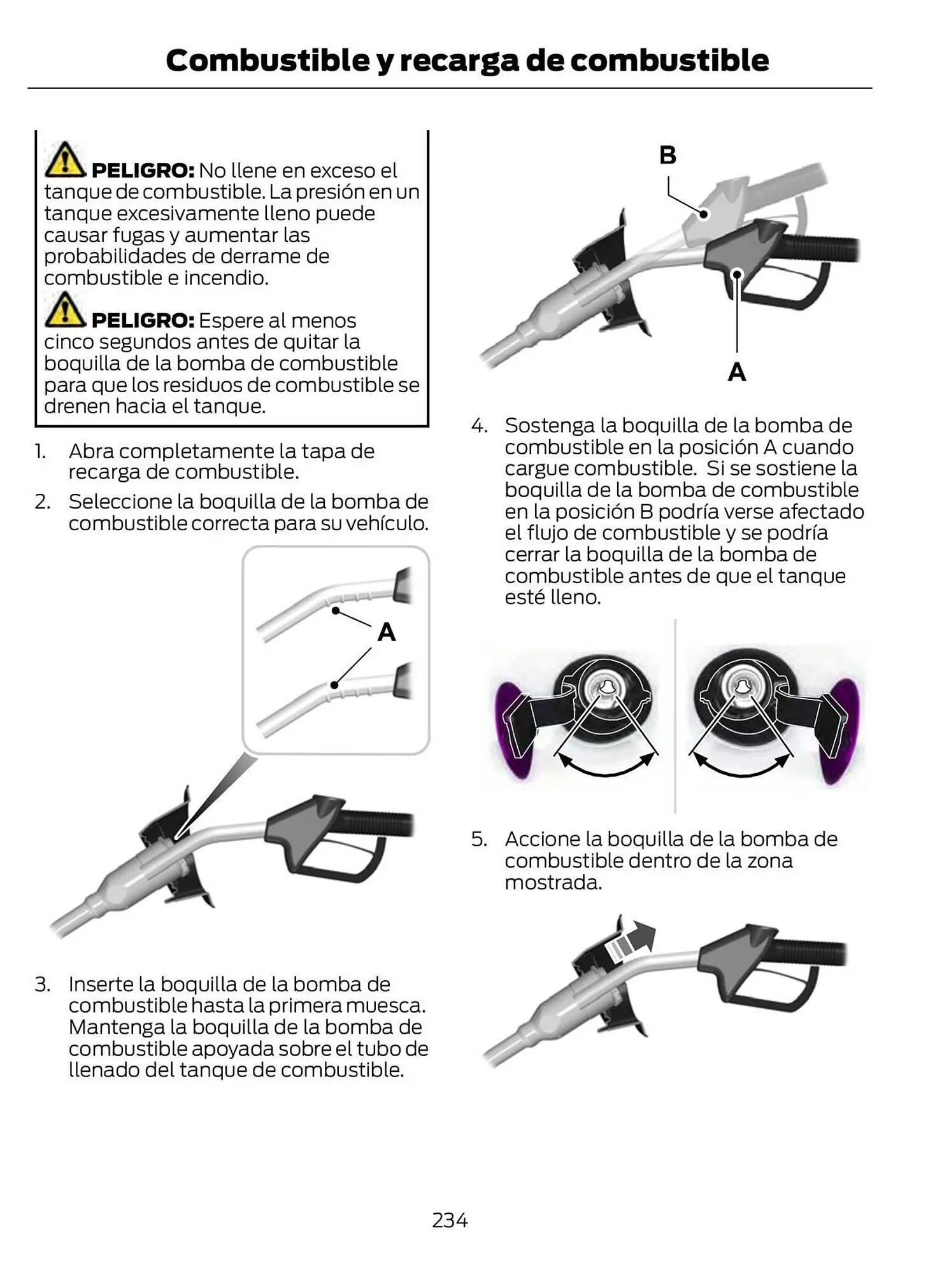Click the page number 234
(x=450, y=1220)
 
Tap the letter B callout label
(x=667, y=155)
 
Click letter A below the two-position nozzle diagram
(x=736, y=372)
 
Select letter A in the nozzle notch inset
(x=386, y=632)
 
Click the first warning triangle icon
(x=64, y=160)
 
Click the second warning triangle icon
(x=64, y=309)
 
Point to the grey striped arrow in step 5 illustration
(x=631, y=941)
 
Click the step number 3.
(x=42, y=984)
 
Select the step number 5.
(x=478, y=839)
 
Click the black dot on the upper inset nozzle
(x=335, y=610)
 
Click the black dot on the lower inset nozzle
(x=334, y=685)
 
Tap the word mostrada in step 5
(x=553, y=882)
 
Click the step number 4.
(x=478, y=425)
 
